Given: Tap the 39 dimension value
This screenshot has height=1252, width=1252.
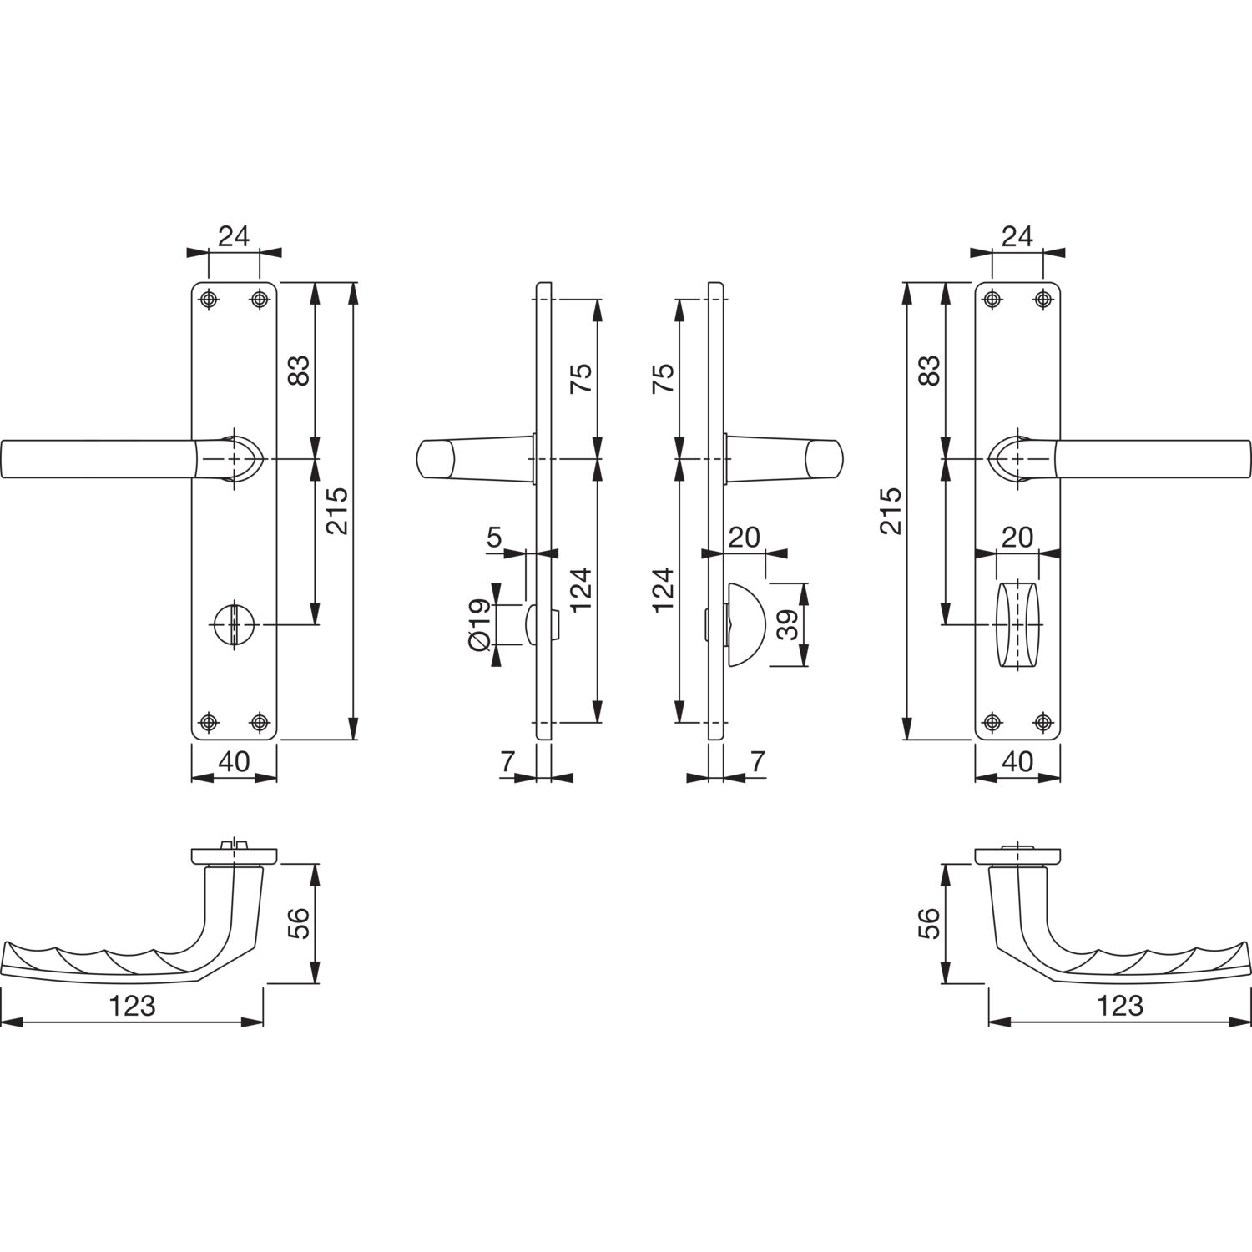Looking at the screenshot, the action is pyautogui.click(x=788, y=623).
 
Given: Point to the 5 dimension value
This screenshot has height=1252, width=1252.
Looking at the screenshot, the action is pyautogui.click(x=494, y=536).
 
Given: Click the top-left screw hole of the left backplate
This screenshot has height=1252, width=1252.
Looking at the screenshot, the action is pyautogui.click(x=209, y=299).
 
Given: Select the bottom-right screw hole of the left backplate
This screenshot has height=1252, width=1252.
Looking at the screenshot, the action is pyautogui.click(x=260, y=722).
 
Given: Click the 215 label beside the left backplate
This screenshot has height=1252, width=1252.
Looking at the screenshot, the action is pyautogui.click(x=338, y=510).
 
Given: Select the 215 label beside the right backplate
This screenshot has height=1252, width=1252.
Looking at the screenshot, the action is pyautogui.click(x=891, y=510).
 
